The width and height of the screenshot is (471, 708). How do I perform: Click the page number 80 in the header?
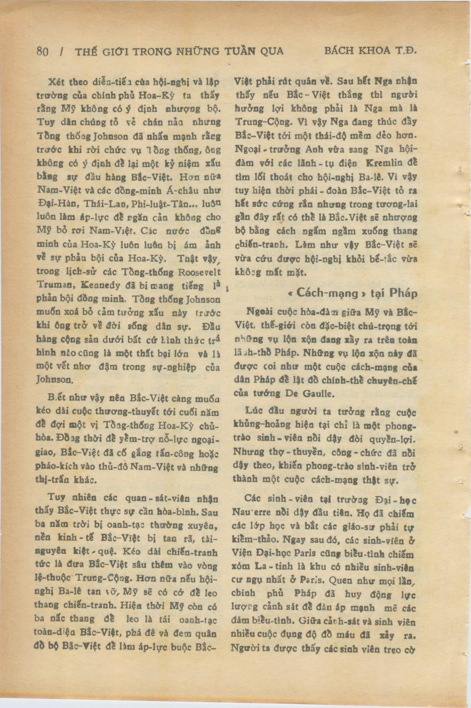[x=42, y=52]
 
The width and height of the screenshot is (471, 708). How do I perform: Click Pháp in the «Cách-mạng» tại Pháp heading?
[x=403, y=293]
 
